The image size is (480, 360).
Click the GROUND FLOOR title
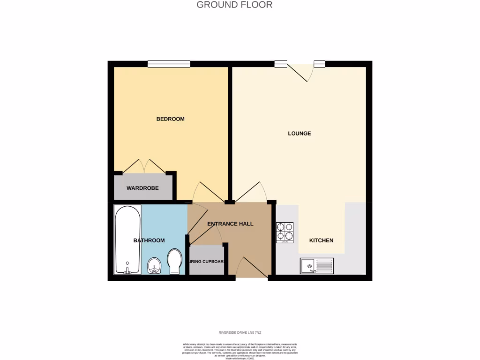(x=234, y=5)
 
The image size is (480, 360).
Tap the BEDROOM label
(x=170, y=119)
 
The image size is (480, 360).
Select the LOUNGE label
(x=299, y=134)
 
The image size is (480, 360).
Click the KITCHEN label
(x=321, y=240)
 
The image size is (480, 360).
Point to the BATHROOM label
(x=149, y=240)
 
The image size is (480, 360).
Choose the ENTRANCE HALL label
(x=230, y=224)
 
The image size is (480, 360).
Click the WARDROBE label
(x=142, y=188)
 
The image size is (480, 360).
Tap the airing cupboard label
(x=207, y=262)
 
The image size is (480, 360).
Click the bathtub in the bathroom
(x=127, y=240)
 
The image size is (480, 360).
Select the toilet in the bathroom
(x=174, y=261)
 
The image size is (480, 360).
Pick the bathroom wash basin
(x=154, y=266)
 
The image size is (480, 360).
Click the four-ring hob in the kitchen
(x=285, y=232)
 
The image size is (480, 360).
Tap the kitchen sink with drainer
(x=317, y=266)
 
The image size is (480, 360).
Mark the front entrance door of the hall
(x=252, y=268)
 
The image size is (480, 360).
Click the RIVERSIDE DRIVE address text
(x=240, y=332)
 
